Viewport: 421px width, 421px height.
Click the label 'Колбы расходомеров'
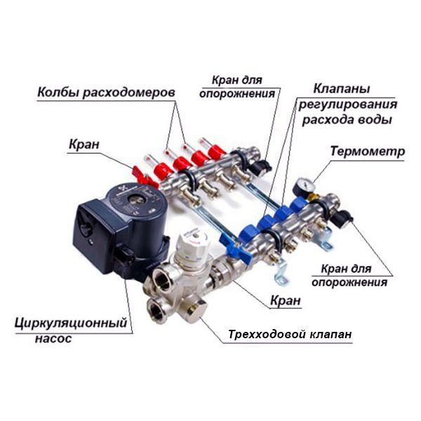click(x=106, y=93)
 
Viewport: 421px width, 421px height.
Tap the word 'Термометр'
click(x=367, y=151)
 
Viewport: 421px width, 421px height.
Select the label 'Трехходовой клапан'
click(x=290, y=335)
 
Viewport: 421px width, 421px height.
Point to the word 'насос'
click(x=53, y=338)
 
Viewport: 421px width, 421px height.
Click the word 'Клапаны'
click(x=342, y=89)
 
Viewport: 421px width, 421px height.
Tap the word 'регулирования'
click(x=348, y=105)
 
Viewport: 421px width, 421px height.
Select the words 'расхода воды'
click(x=347, y=119)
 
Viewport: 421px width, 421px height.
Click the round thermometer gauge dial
click(x=303, y=187)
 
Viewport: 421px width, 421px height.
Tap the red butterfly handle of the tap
click(x=145, y=178)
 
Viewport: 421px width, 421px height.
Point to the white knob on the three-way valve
click(x=194, y=244)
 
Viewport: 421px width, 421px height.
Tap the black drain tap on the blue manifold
click(x=342, y=218)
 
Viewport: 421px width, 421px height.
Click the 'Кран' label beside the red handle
click(x=84, y=145)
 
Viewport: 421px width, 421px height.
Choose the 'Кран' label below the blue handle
click(x=286, y=300)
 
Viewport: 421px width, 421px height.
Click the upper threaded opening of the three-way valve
click(x=163, y=280)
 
